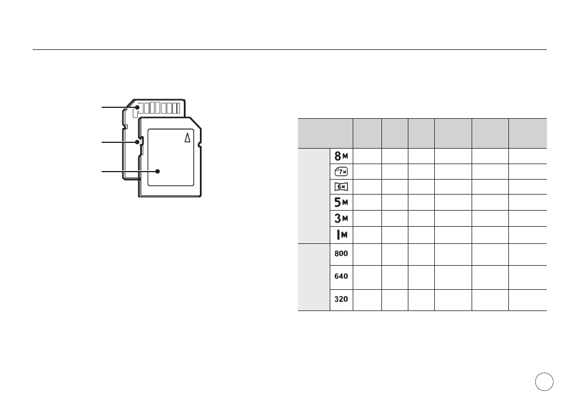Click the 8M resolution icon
(341, 156)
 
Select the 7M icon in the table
(341, 172)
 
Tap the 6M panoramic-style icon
(341, 187)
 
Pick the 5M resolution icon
(341, 202)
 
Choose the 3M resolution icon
(341, 218)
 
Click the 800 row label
(341, 254)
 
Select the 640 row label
(341, 276)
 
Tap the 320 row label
(341, 299)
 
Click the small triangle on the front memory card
(188, 138)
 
